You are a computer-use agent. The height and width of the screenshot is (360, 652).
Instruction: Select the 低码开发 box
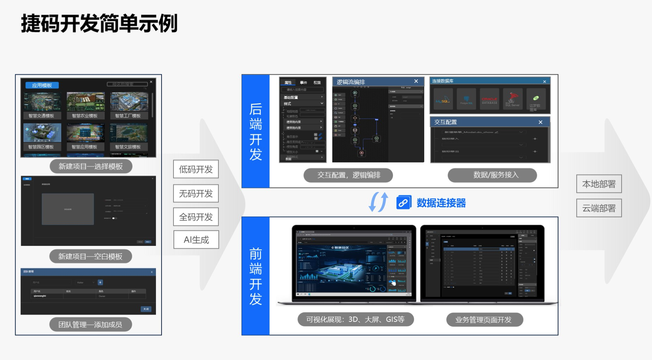tap(196, 169)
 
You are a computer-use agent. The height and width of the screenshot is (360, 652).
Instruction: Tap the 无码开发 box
tap(196, 193)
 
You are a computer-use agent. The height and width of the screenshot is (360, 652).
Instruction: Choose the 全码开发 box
tap(196, 217)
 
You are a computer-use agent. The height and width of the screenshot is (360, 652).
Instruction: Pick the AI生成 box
tap(196, 239)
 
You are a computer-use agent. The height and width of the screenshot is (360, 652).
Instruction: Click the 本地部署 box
tap(599, 184)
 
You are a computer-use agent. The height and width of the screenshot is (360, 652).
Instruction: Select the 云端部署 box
tap(599, 208)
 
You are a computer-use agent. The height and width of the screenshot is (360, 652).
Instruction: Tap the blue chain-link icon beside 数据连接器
tap(404, 203)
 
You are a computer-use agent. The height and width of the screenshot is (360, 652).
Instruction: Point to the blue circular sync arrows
tap(378, 202)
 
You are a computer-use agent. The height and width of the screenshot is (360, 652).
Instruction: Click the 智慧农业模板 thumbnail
tap(85, 105)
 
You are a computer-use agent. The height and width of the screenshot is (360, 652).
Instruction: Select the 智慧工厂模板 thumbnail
tap(128, 105)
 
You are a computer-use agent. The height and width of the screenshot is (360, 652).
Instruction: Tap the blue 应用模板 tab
tap(42, 85)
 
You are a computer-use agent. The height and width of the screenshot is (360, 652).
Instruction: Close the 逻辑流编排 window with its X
tap(416, 81)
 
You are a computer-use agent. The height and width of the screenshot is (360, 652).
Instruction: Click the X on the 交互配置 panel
tap(540, 122)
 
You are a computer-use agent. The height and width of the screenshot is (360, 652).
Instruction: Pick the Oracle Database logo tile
tap(489, 99)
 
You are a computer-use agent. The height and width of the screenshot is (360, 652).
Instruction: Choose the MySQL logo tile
tap(443, 99)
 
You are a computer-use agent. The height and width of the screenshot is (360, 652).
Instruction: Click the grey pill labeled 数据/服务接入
tap(492, 175)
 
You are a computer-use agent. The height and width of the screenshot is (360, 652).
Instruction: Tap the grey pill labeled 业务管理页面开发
tap(484, 319)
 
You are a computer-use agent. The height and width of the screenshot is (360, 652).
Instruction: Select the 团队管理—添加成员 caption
tap(90, 325)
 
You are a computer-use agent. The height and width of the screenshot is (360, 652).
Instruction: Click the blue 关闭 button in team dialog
tap(146, 309)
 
